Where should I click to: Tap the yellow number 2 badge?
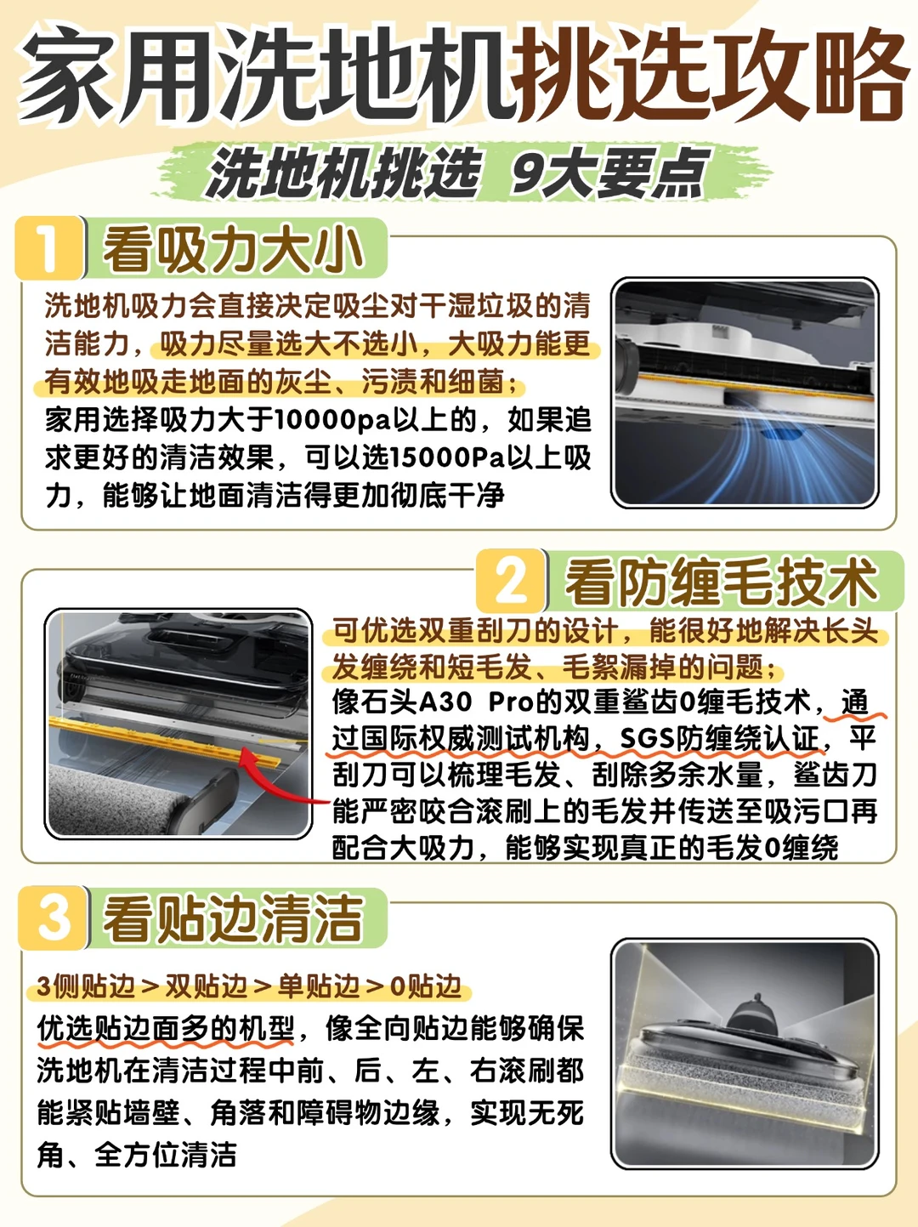click(x=511, y=582)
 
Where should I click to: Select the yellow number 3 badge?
click(x=53, y=917)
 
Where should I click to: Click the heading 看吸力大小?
click(x=232, y=249)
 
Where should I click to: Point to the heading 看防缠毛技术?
click(x=720, y=582)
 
